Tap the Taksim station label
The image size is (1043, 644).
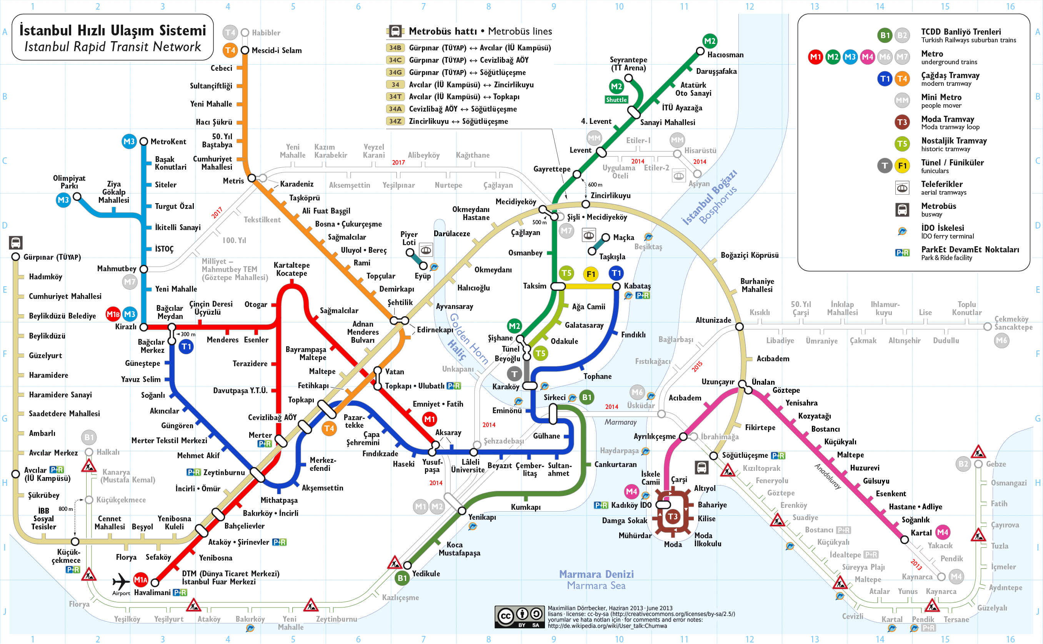pos(534,286)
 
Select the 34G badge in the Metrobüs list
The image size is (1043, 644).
pos(395,72)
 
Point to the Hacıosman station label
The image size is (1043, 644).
pos(725,55)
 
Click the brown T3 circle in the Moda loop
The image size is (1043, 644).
pos(672,517)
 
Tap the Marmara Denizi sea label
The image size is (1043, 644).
pos(596,574)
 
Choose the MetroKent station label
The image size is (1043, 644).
pos(168,142)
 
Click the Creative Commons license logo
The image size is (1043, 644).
pos(519,616)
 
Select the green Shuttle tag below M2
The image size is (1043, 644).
pos(616,100)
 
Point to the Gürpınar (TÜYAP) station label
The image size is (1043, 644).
pos(52,257)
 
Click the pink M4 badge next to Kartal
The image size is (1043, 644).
pos(942,532)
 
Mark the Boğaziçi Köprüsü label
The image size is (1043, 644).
pos(749,255)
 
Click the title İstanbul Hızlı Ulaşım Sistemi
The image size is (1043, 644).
pos(112,31)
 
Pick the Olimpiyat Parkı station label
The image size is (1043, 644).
pos(69,182)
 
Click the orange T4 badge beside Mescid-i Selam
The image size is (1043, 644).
pos(230,50)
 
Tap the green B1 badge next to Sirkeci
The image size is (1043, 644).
pos(586,397)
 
